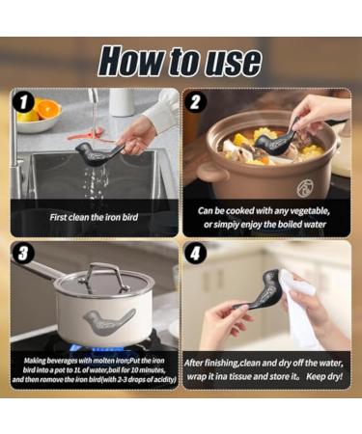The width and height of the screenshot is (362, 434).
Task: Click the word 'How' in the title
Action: (x=133, y=61)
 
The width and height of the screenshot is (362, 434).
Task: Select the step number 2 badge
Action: (x=197, y=101)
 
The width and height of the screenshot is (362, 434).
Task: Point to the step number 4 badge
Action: (x=197, y=254)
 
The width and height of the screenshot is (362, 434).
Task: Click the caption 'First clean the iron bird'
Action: (x=95, y=217)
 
